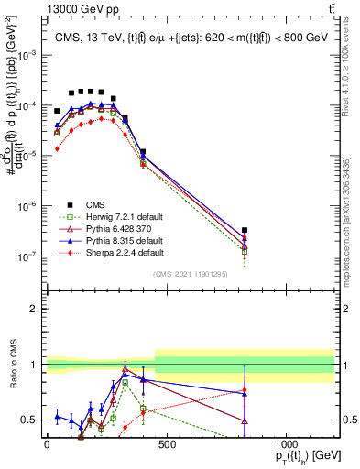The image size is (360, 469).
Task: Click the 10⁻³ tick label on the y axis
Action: click(x=30, y=55)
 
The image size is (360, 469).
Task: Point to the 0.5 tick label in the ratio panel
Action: click(x=31, y=420)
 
